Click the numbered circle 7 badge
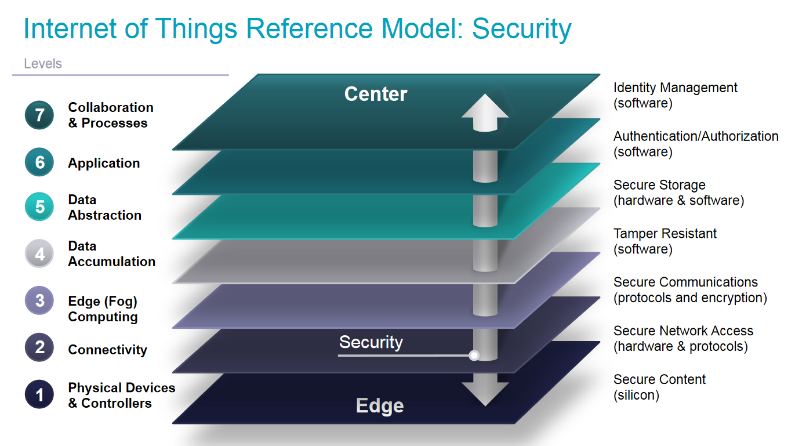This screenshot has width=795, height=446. coord(39,115)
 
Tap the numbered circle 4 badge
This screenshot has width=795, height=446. coord(39,254)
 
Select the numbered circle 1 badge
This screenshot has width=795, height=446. coord(39,395)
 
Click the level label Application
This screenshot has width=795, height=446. coord(104,164)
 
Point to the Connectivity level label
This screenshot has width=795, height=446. coord(107,350)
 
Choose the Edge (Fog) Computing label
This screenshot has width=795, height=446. coord(103,309)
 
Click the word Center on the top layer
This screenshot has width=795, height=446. coord(376,94)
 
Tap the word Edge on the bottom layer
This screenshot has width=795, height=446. coord(380,406)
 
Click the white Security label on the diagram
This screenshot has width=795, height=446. coord(371,342)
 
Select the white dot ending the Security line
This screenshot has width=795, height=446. coord(474,355)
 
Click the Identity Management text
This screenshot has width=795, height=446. coord(675,88)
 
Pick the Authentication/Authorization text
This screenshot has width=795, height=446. coord(696,136)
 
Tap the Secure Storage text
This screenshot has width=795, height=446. coord(659,185)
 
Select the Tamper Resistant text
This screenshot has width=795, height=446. coord(665,234)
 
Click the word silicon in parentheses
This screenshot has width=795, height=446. coord(637,396)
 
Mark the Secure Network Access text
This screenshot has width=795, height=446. coord(683,331)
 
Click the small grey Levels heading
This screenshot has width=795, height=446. coord(43,64)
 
